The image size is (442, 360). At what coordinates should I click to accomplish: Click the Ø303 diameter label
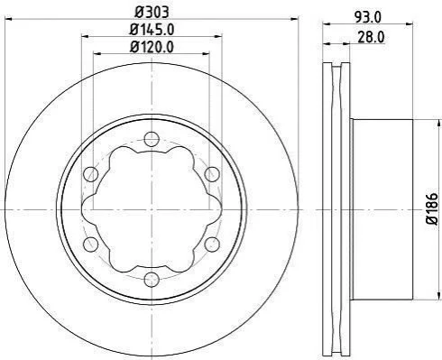pos(152,13)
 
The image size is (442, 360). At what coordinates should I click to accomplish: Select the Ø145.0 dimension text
pos(152,30)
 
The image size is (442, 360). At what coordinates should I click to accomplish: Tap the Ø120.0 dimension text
pos(152,47)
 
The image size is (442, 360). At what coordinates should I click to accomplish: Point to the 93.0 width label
pos(368,17)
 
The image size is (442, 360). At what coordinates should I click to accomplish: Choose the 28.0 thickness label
pos(371,37)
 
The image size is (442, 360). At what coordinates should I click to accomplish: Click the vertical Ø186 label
pos(432,208)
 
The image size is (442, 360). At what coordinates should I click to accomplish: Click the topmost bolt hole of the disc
pos(152,139)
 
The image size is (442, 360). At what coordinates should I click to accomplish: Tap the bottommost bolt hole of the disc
pos(152,280)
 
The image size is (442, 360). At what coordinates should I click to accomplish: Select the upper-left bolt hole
pos(90,174)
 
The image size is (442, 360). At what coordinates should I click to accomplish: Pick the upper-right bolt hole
pos(212,174)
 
